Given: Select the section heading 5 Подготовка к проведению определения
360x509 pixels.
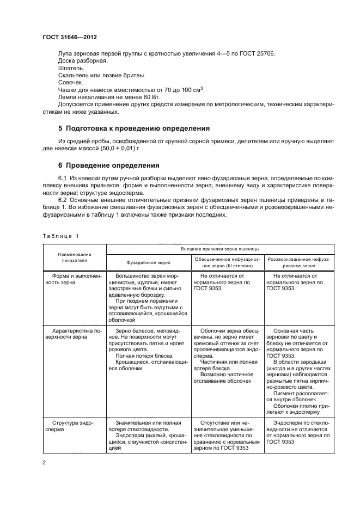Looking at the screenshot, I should coord(134,128).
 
